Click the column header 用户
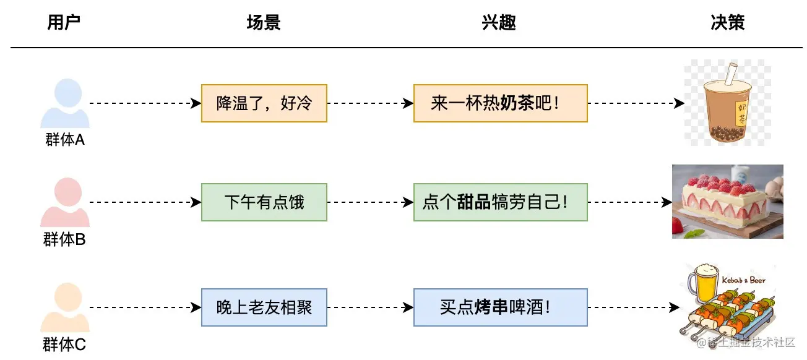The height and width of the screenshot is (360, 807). [x=64, y=24]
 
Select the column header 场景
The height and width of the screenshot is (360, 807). [x=264, y=24]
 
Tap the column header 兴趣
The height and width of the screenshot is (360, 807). [x=499, y=24]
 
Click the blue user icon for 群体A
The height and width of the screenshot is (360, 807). [x=65, y=104]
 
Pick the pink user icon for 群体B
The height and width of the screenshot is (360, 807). [x=65, y=203]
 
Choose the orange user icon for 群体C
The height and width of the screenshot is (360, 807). [x=65, y=307]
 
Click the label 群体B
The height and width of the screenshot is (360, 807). [x=64, y=239]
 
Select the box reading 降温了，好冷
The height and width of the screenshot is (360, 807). [x=264, y=103]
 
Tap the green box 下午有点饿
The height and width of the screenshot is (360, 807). [x=264, y=202]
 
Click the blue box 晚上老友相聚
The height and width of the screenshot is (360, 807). [x=264, y=307]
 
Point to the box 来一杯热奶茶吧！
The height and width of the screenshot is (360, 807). [x=500, y=103]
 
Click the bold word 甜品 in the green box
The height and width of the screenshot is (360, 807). [x=474, y=202]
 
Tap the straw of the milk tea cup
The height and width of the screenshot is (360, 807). [x=730, y=74]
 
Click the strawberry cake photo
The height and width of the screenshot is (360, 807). [x=728, y=201]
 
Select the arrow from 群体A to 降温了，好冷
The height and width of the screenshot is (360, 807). [x=142, y=103]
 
